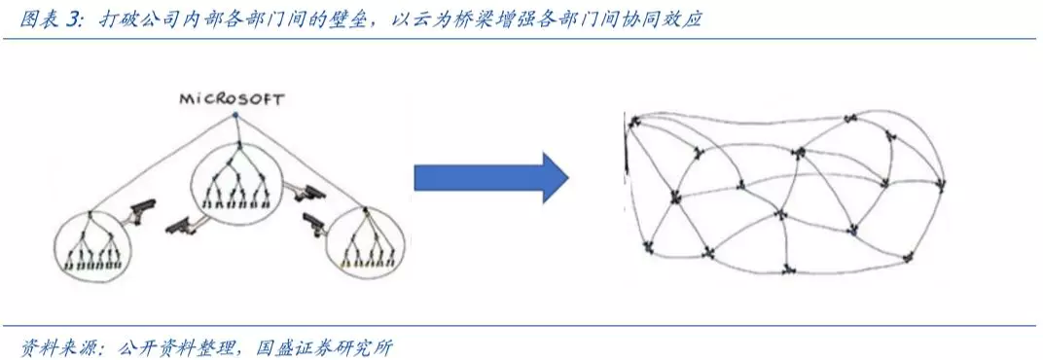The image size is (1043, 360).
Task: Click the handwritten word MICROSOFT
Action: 231,100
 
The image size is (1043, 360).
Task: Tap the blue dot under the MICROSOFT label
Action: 234,115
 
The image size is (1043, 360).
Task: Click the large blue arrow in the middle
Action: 491,178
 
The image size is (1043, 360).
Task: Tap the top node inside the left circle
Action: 90,214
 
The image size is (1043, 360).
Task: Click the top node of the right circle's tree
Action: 365,211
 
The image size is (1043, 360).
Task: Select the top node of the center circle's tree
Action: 234,144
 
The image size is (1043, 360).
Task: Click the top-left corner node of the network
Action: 633,121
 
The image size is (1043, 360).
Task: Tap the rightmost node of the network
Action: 941,184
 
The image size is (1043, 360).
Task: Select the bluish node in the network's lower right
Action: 853,231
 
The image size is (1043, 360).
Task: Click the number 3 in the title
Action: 73,20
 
